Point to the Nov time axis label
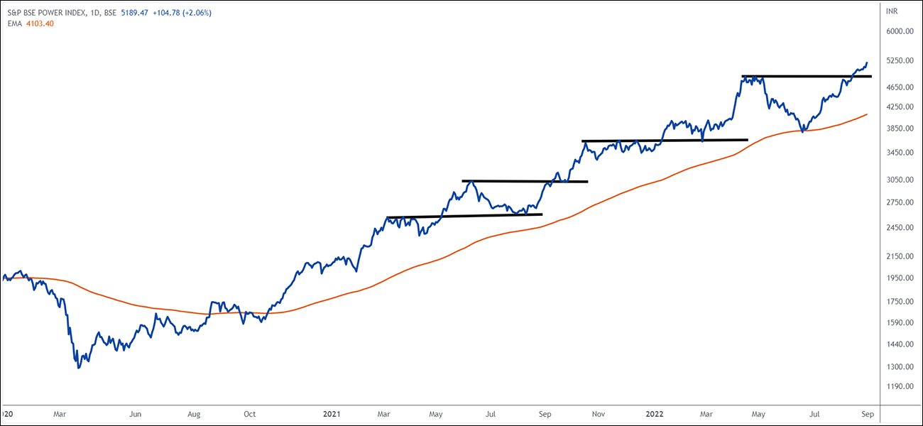599,413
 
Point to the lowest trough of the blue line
78,368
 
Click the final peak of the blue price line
867,62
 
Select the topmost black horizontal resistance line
807,76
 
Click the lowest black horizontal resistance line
464,216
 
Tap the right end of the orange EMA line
867,114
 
